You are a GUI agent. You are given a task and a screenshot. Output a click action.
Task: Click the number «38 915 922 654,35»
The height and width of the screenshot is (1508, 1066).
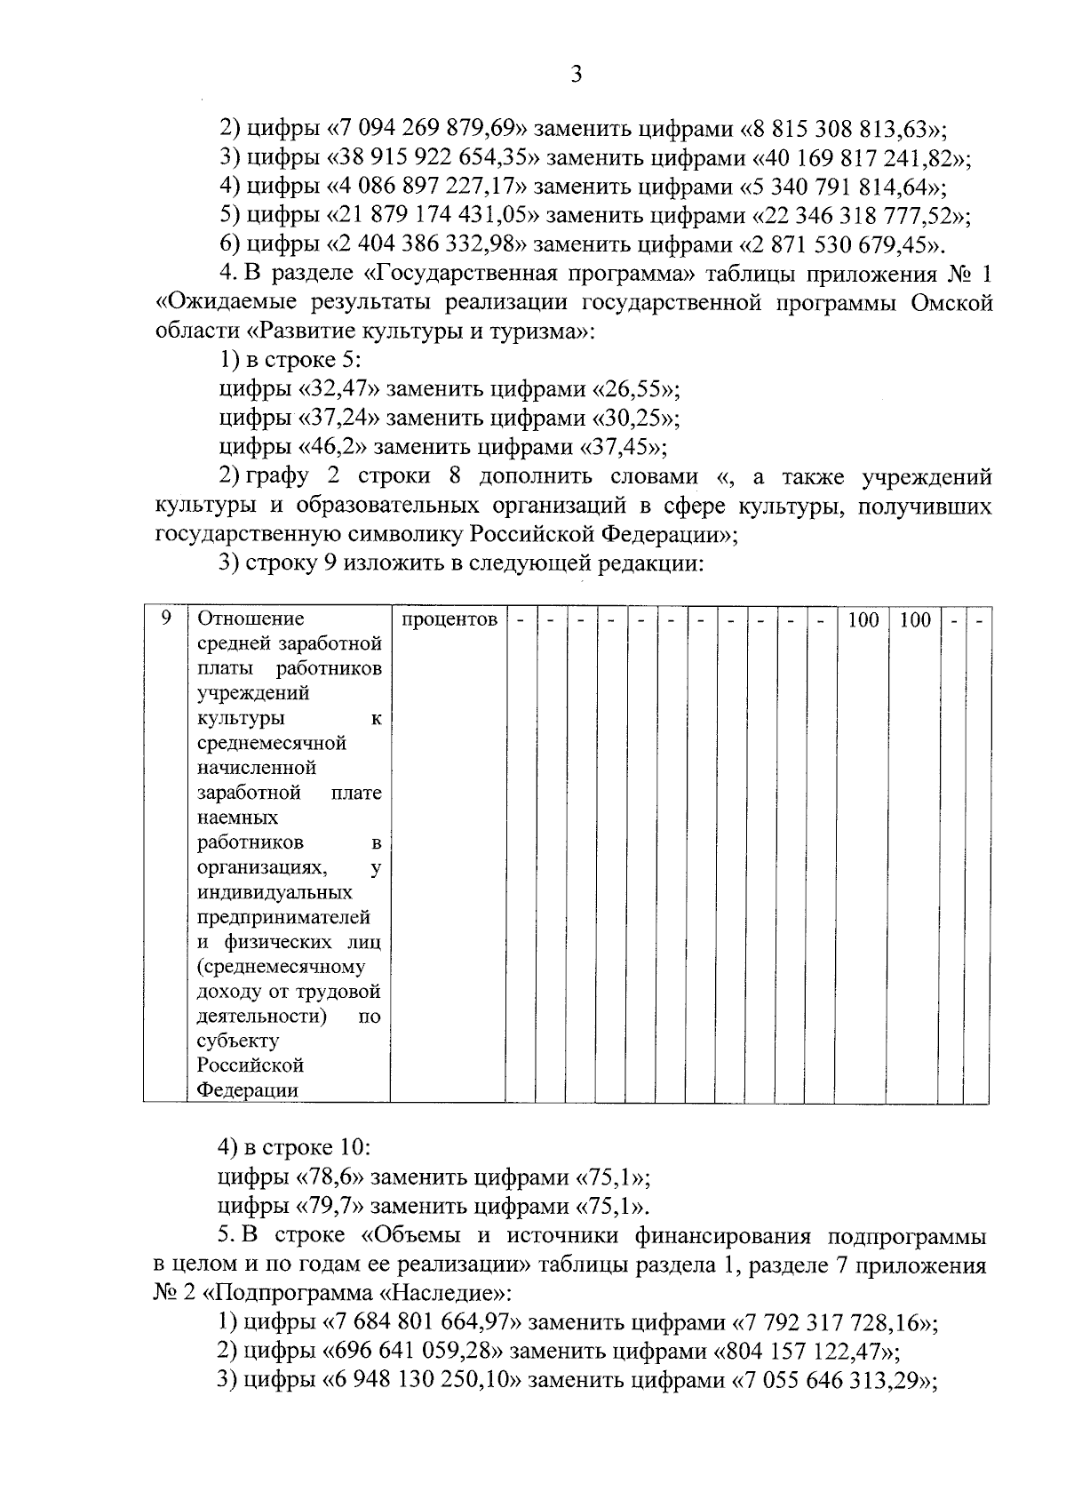434,159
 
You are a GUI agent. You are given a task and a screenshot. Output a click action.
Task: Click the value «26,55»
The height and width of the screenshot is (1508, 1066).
636,389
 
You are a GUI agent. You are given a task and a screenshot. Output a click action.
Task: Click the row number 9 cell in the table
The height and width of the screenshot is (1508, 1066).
165,619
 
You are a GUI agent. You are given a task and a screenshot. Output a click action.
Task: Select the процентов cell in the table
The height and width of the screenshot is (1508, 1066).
449,619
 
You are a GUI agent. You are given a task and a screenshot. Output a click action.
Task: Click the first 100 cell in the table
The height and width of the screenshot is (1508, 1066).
863,619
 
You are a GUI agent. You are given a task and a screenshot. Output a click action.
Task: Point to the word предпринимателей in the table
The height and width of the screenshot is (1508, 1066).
283,917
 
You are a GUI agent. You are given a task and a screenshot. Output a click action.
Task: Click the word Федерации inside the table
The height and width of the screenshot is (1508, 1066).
247,1090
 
